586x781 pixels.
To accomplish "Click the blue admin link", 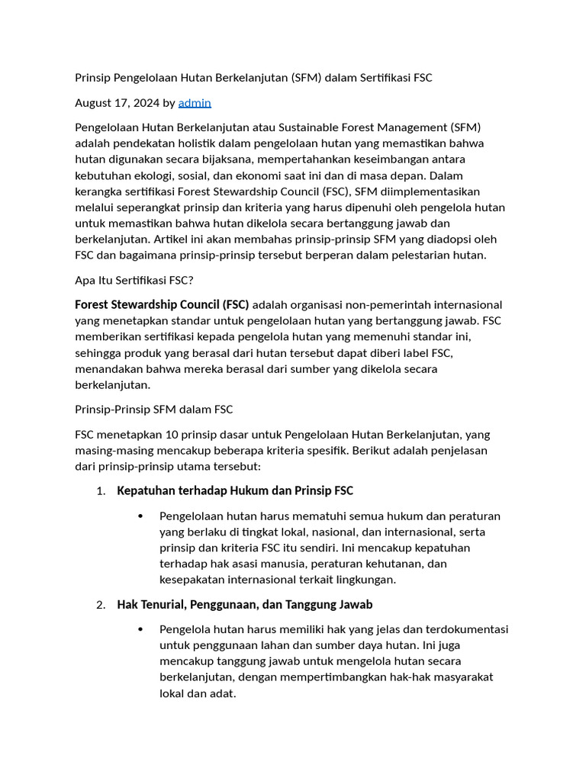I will pyautogui.click(x=195, y=102).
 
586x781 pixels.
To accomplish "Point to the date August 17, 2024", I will pyautogui.click(x=117, y=102).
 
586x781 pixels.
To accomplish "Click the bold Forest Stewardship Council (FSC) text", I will pyautogui.click(x=162, y=304).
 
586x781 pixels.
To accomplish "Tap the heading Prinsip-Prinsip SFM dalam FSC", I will pyautogui.click(x=153, y=410).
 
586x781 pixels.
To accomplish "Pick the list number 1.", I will pyautogui.click(x=101, y=491).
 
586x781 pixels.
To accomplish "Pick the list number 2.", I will pyautogui.click(x=101, y=605).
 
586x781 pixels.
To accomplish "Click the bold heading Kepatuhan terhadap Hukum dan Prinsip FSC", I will pyautogui.click(x=234, y=490).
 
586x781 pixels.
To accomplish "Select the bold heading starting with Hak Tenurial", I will pyautogui.click(x=244, y=604).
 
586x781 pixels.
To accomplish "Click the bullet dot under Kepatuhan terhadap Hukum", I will pyautogui.click(x=140, y=516).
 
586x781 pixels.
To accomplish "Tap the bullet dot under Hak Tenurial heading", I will pyautogui.click(x=140, y=629).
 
